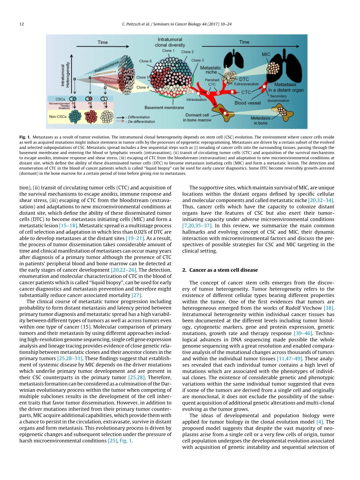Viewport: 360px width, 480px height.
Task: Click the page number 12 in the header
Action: click(21, 24)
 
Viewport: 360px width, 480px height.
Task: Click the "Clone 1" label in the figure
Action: click(168, 50)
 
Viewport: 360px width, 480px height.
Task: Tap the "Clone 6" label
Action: click(146, 61)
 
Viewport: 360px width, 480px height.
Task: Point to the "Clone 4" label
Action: click(143, 87)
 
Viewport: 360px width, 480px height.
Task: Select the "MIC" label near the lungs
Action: click(266, 55)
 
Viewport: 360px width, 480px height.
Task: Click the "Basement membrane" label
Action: click(163, 108)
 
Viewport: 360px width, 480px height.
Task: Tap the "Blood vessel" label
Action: click(248, 103)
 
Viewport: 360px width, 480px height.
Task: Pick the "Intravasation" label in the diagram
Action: click(196, 100)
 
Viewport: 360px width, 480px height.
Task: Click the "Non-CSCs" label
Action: click(58, 116)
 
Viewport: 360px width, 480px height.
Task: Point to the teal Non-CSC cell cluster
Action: click(75, 117)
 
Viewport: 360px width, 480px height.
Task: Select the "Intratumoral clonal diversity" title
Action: click(171, 42)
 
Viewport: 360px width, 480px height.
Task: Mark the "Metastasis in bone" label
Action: click(261, 120)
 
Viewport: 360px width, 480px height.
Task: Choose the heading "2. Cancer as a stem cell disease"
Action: click(224, 270)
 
